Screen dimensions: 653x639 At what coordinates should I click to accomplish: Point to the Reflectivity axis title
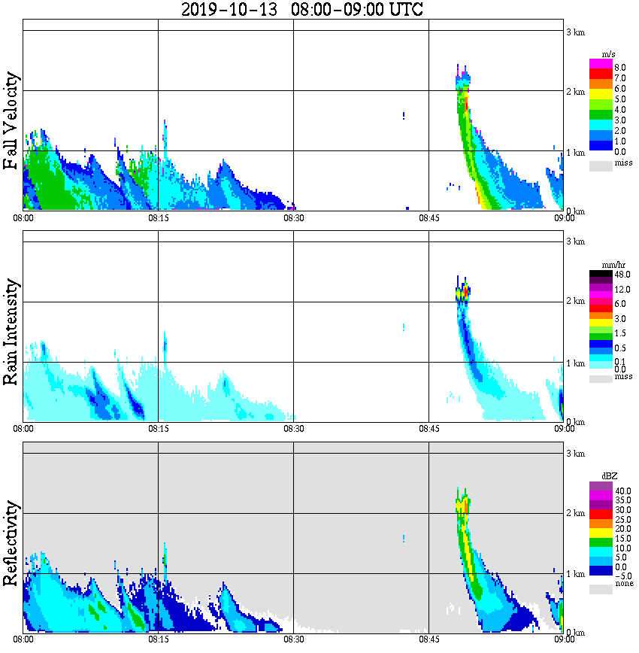pyautogui.click(x=11, y=545)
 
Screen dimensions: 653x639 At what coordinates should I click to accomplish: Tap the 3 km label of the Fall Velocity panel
pyautogui.click(x=575, y=32)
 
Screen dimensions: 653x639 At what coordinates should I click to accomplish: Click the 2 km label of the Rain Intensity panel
pyautogui.click(x=575, y=302)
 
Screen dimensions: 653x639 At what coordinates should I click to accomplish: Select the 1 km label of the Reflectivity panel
pyautogui.click(x=575, y=574)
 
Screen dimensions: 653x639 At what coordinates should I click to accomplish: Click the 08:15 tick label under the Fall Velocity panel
pyautogui.click(x=158, y=217)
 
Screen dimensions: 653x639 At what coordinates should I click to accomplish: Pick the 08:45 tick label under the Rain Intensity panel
pyautogui.click(x=429, y=428)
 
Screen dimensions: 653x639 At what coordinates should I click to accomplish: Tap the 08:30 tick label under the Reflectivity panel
pyautogui.click(x=293, y=639)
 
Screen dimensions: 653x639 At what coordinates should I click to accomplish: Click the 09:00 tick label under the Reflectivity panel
pyautogui.click(x=564, y=639)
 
